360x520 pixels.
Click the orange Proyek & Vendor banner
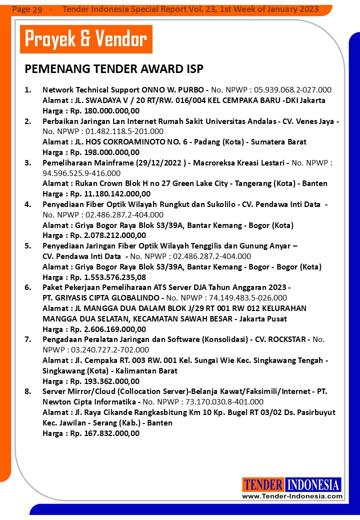[x=86, y=39]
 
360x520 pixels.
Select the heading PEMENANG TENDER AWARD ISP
[x=114, y=69]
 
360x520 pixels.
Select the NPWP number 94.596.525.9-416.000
[x=81, y=173]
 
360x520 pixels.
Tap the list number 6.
[x=28, y=287]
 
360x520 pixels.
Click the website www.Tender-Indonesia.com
[x=292, y=496]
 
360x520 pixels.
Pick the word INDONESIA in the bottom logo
[x=313, y=484]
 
